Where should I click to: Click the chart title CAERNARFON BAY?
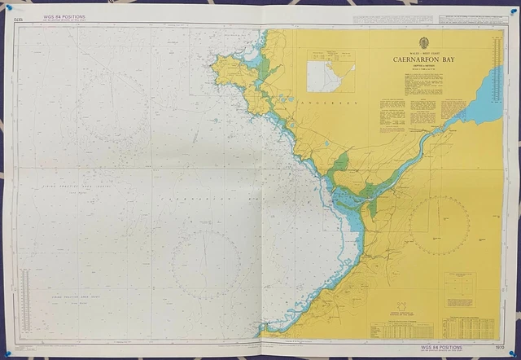(x=423, y=59)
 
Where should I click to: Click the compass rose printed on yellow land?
(x=440, y=222)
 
